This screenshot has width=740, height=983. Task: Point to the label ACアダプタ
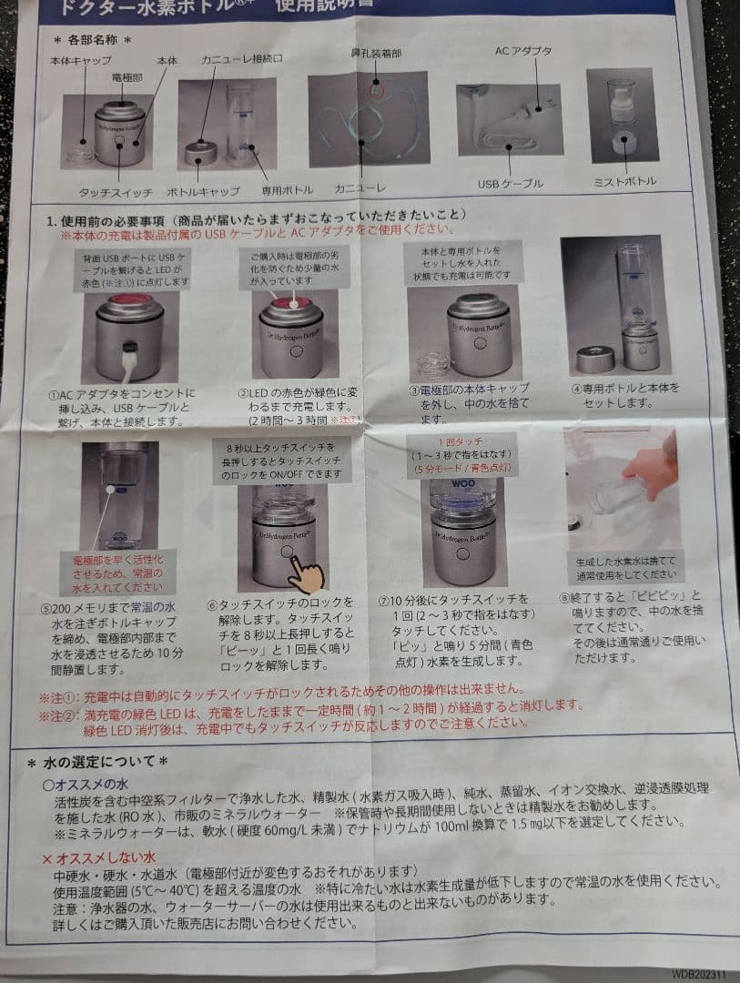(x=522, y=51)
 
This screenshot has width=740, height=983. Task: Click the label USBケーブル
(x=510, y=184)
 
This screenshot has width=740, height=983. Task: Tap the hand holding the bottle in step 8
(x=654, y=473)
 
